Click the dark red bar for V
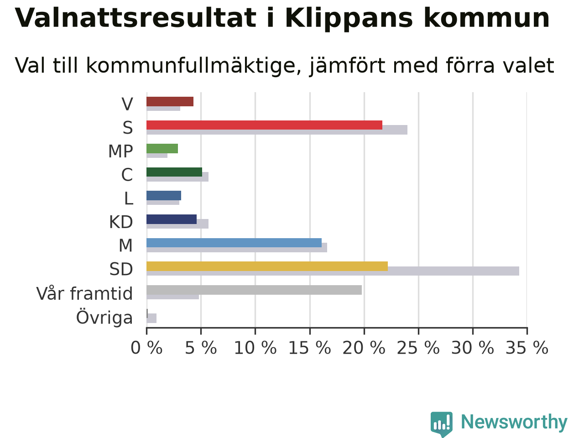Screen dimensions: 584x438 click(170, 102)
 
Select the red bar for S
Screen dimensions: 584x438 click(264, 125)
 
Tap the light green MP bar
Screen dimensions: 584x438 click(162, 148)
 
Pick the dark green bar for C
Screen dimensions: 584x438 click(174, 172)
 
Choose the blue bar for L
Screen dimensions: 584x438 click(164, 195)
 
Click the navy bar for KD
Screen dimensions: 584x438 click(172, 219)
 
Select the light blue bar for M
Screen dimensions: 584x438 click(234, 243)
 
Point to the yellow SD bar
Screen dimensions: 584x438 click(267, 266)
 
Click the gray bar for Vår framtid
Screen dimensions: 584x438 click(254, 290)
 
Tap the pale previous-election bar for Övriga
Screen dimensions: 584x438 click(151, 318)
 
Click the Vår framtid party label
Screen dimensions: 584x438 click(84, 293)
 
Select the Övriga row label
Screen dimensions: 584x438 click(104, 317)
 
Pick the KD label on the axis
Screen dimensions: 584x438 click(121, 222)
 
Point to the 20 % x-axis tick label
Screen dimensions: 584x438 click(364, 348)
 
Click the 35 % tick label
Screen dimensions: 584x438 click(527, 348)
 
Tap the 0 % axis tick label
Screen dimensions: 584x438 click(146, 348)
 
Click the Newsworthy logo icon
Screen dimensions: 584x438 click(442, 424)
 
